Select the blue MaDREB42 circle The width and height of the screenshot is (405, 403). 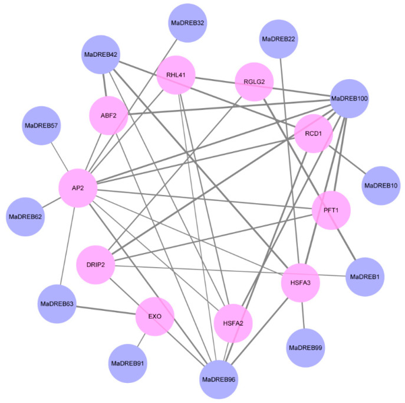(x=101, y=55)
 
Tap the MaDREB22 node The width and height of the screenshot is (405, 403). (x=278, y=38)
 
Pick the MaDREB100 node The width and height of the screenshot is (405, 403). (x=350, y=97)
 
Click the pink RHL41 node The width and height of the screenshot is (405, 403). (x=176, y=74)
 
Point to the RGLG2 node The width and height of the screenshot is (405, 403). (x=254, y=81)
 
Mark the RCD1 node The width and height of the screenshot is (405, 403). (x=313, y=134)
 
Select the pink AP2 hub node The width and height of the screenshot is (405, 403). (x=78, y=188)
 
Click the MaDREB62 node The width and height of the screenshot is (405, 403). (x=25, y=217)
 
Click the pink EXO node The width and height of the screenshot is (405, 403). (x=156, y=316)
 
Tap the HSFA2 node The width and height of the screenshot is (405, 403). (x=233, y=323)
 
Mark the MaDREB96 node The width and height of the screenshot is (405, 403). (x=219, y=378)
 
